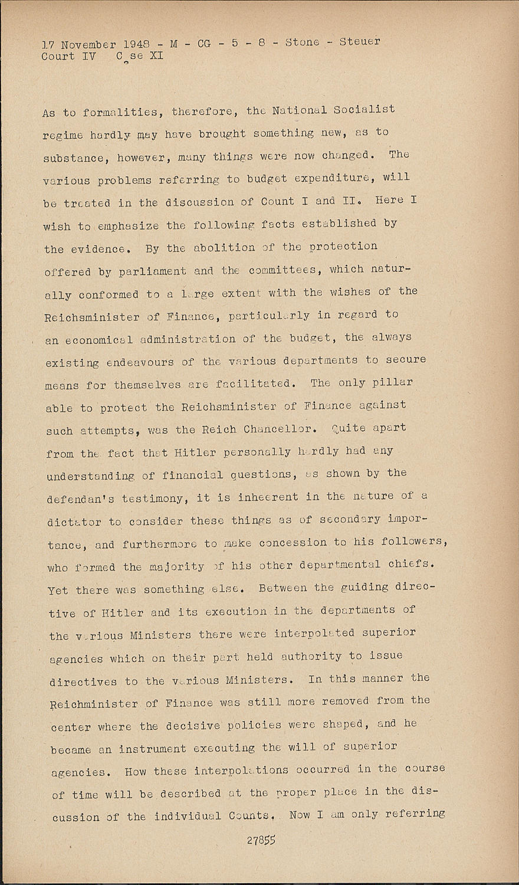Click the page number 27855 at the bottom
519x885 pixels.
tap(261, 840)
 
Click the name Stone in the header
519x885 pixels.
tap(303, 42)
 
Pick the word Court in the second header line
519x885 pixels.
tap(58, 57)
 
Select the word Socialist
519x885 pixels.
tap(364, 109)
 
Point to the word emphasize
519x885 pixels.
tap(129, 226)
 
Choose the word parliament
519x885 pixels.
tap(152, 271)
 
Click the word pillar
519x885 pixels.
tap(393, 382)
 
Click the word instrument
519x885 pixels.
tap(153, 749)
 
